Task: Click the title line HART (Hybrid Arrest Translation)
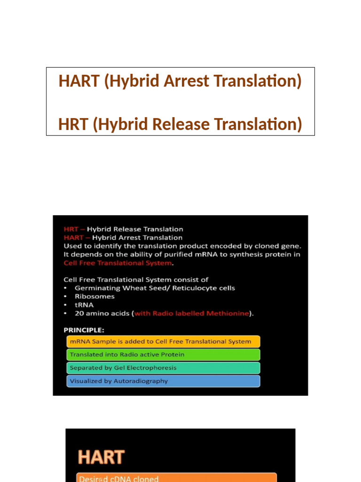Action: (x=180, y=81)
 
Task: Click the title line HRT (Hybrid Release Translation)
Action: (x=180, y=124)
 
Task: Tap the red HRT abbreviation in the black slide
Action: (x=71, y=229)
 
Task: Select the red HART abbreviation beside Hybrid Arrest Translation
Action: (x=73, y=238)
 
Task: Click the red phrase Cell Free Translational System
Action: (x=117, y=263)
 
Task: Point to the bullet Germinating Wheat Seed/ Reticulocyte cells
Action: (x=155, y=288)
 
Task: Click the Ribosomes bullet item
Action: (x=94, y=297)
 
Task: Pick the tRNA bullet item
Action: (x=84, y=305)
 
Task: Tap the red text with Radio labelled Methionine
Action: (x=192, y=313)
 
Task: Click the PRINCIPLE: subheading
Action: (x=84, y=330)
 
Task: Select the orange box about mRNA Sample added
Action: (x=163, y=341)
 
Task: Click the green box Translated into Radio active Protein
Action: (x=163, y=354)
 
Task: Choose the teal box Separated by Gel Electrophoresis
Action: (x=163, y=368)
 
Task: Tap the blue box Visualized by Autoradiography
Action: (x=163, y=381)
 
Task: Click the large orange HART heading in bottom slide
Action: (x=101, y=457)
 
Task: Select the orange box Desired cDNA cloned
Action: (x=176, y=478)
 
